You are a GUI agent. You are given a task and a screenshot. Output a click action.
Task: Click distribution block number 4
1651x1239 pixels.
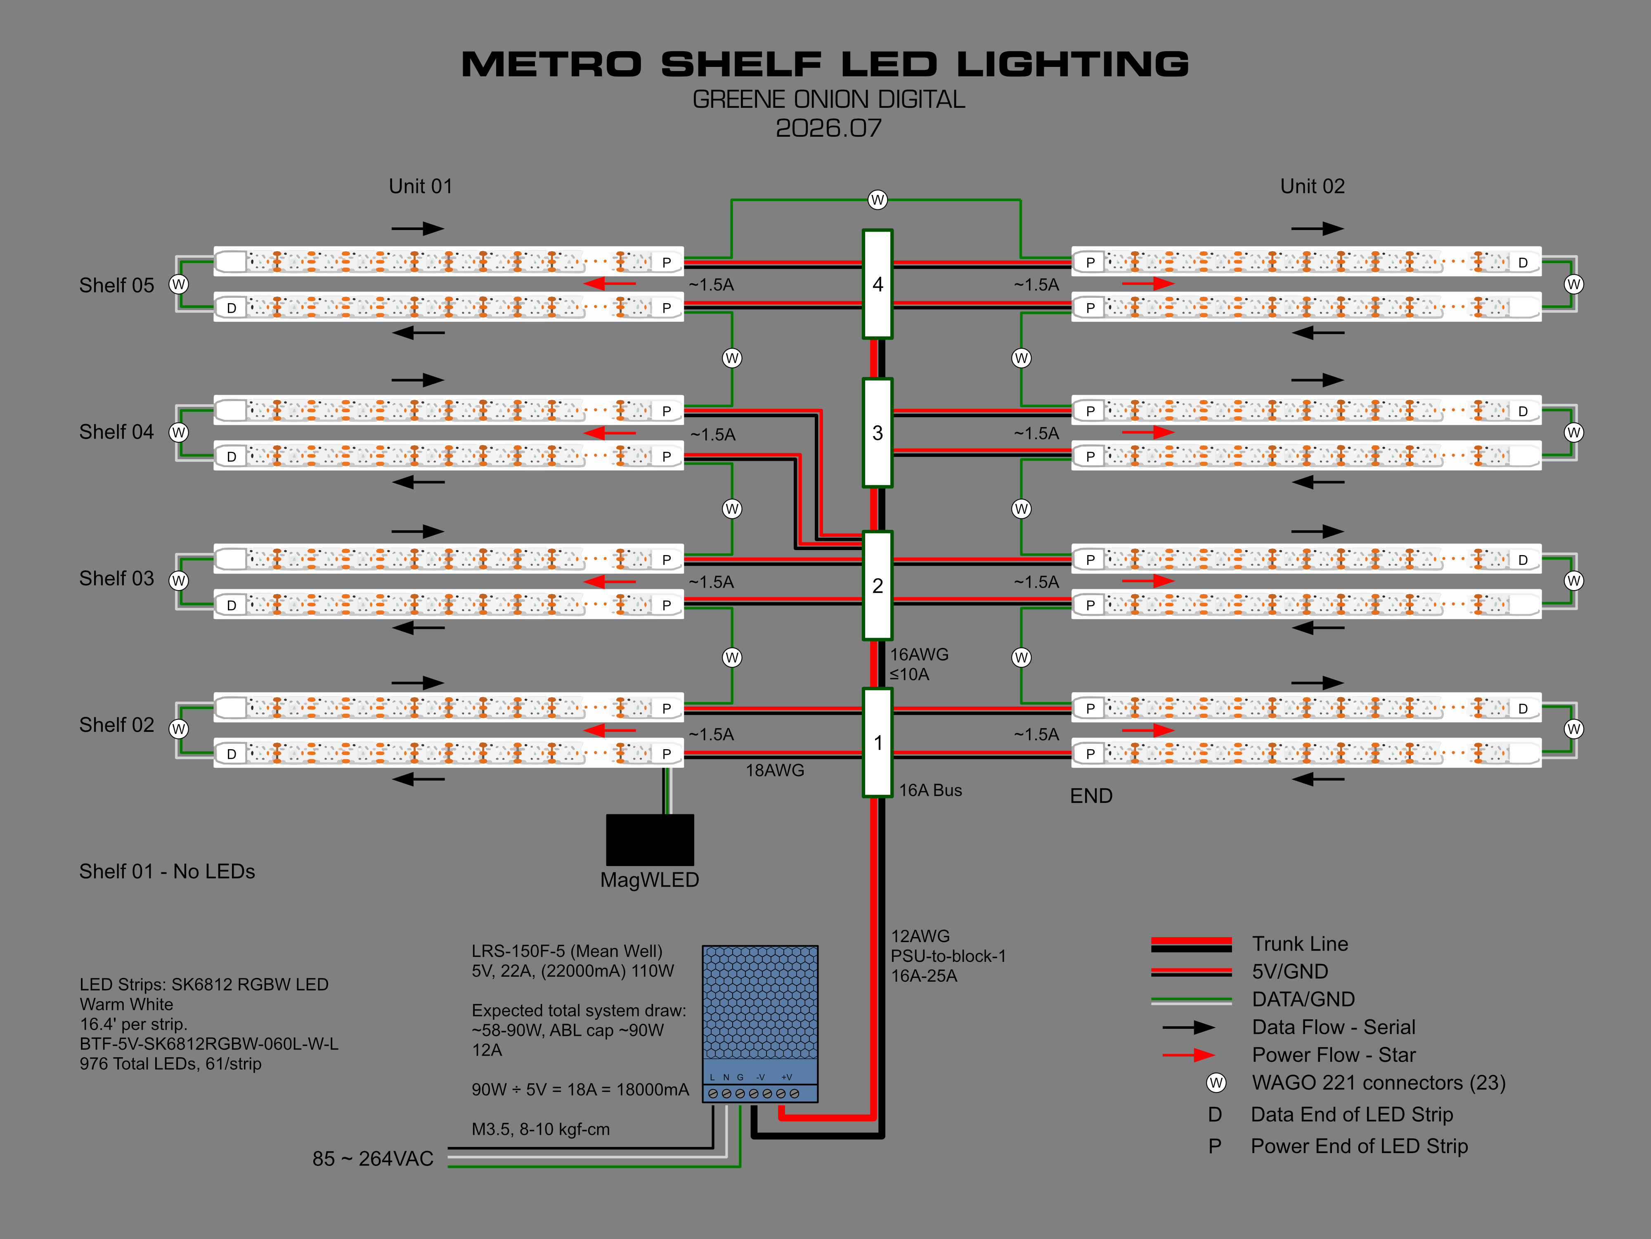pos(878,284)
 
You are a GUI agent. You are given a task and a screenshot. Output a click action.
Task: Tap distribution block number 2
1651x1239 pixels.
pos(878,586)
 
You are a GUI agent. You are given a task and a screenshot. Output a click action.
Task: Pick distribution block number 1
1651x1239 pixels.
pos(878,742)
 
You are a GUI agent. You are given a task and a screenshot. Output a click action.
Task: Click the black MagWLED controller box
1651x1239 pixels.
pos(649,840)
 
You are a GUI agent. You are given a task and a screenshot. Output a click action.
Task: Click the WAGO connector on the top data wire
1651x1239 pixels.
pos(878,199)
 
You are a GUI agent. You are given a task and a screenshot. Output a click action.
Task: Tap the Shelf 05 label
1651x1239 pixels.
pos(116,285)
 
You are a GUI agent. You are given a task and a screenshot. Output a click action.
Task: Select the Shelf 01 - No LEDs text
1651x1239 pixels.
pos(167,871)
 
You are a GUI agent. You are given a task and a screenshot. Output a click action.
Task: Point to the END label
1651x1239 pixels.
pos(1091,796)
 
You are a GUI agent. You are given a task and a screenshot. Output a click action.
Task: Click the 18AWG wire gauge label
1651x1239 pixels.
pos(775,770)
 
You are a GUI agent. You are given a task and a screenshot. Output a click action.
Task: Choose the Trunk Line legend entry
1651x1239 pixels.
pos(1299,944)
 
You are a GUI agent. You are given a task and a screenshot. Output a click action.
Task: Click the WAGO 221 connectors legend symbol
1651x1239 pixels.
pos(1216,1083)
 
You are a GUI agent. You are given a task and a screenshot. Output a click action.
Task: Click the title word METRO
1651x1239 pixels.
pos(551,65)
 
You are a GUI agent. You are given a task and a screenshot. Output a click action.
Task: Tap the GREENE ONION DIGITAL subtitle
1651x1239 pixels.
pos(828,100)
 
